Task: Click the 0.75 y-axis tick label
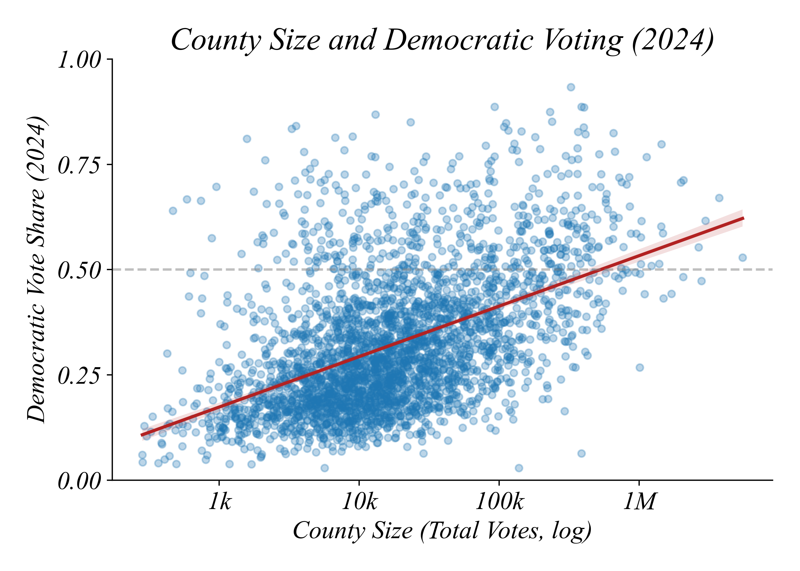[79, 165]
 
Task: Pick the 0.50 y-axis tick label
[79, 270]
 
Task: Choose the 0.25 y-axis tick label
[79, 375]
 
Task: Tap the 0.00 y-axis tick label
[79, 480]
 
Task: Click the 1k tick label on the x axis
[220, 501]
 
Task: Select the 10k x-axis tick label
[359, 501]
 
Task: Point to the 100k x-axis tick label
[499, 501]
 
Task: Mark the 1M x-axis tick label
[639, 501]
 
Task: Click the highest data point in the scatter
[571, 87]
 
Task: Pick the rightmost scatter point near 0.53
[743, 258]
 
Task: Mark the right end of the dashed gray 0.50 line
[772, 269]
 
